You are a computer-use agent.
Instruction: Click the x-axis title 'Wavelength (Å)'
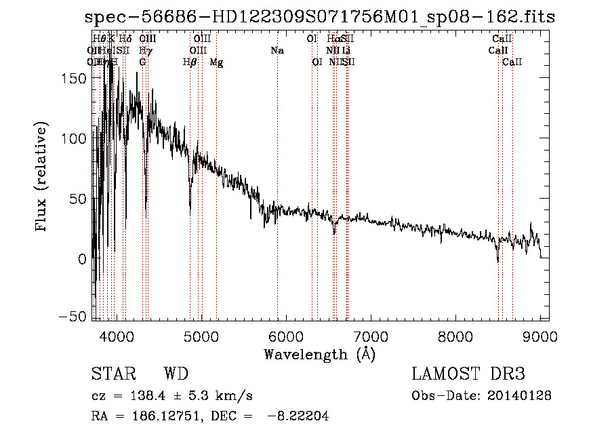pos(319,354)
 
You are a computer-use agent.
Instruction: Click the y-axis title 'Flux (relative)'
pos(42,178)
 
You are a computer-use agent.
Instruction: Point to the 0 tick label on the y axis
pos(83,258)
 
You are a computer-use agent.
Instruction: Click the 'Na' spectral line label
pos(277,51)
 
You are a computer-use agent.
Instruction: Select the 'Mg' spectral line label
pos(216,62)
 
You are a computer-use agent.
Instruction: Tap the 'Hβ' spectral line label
pos(190,62)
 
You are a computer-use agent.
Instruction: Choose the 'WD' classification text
pos(176,374)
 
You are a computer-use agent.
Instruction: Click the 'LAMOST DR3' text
pos(468,374)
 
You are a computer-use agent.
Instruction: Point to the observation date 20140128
pos(520,395)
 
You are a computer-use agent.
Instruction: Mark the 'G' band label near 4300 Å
pos(142,62)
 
